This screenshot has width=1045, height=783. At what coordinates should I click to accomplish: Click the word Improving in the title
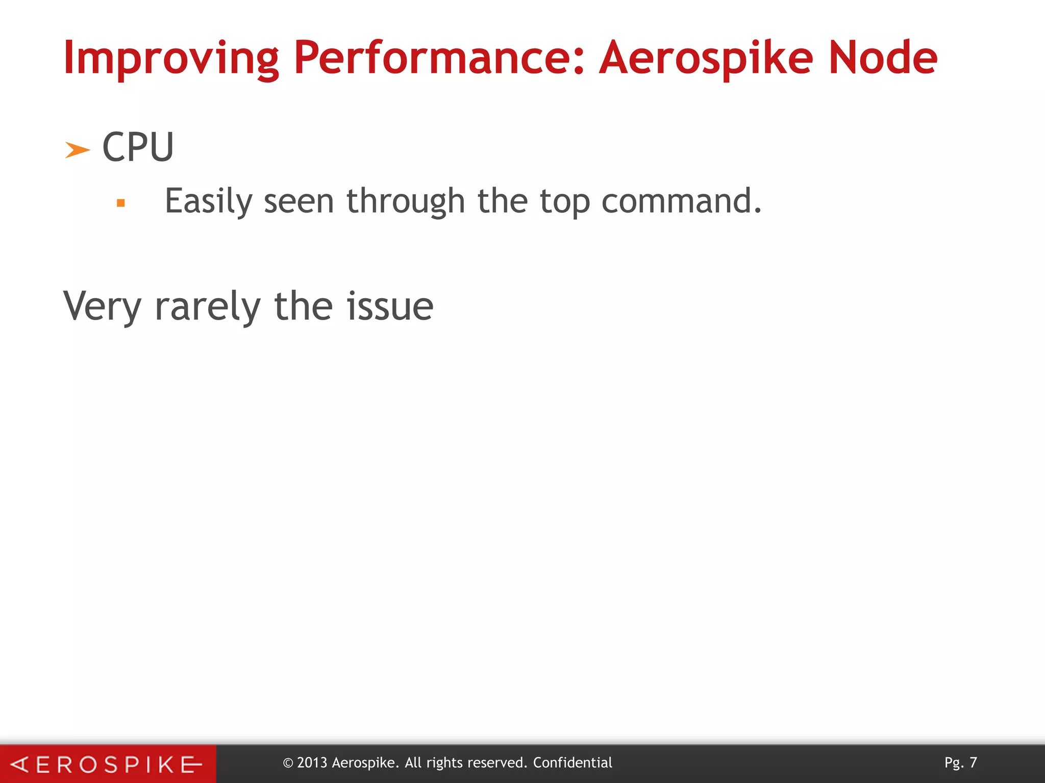(x=171, y=59)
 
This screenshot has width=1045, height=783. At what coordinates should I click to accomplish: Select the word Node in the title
(x=882, y=58)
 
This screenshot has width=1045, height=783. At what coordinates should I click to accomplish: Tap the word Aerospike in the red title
(x=705, y=59)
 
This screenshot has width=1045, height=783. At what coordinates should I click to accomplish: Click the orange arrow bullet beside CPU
(x=77, y=150)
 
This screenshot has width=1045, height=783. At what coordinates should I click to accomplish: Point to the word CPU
(x=138, y=147)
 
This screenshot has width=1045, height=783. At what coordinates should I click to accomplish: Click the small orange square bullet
(x=121, y=203)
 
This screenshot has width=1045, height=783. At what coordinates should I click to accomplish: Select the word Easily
(x=208, y=201)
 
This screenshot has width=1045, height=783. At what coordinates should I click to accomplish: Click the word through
(x=406, y=201)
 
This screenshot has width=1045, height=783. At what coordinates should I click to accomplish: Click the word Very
(x=102, y=306)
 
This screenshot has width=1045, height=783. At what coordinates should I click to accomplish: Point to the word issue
(x=390, y=306)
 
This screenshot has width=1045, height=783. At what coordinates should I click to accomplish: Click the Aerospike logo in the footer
(x=107, y=764)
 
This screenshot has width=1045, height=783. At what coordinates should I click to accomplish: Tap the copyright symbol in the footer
(x=288, y=763)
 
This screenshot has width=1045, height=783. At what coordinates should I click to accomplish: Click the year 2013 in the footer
(x=312, y=763)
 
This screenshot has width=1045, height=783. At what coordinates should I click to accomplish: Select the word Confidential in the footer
(x=573, y=763)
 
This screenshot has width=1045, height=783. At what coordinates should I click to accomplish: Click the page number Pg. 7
(x=960, y=763)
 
